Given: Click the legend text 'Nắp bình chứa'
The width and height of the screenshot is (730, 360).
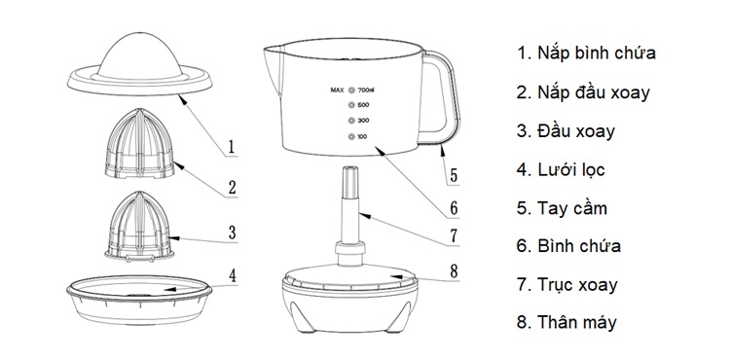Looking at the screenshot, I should (586, 53).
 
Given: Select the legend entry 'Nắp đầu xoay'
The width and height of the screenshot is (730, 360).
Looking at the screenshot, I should (584, 92).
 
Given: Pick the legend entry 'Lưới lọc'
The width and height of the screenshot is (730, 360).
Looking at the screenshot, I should (562, 170).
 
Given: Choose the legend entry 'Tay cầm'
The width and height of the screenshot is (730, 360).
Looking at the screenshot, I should (562, 209).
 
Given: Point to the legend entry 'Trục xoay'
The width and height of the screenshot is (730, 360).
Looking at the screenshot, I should (567, 287).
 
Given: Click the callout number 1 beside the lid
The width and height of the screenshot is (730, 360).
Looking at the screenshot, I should (232, 148).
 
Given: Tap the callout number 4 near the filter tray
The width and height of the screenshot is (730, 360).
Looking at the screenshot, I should (232, 275).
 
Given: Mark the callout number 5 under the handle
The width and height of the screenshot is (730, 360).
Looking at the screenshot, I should (454, 177).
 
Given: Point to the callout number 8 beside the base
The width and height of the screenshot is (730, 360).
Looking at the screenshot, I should (454, 271).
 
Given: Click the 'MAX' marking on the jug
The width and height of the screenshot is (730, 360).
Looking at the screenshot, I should (338, 90).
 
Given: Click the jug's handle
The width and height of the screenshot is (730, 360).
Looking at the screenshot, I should (444, 97).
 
